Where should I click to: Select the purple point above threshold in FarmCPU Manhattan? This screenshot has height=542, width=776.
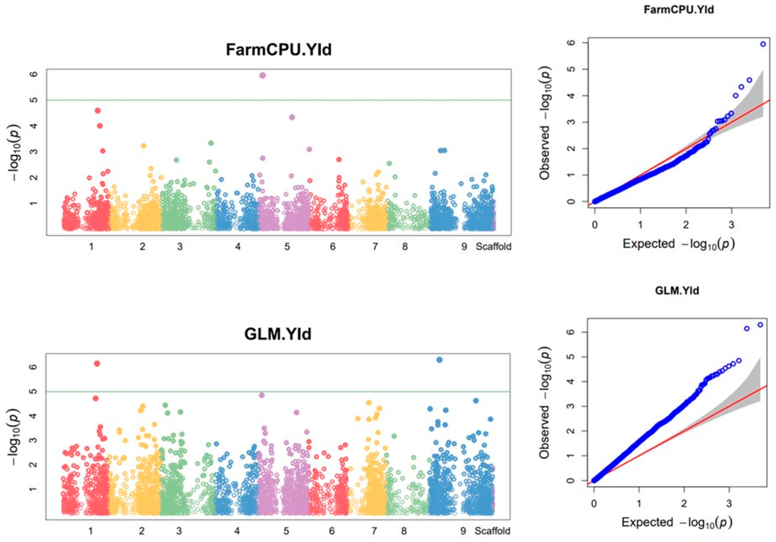263,75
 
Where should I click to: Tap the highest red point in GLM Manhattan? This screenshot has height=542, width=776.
97,364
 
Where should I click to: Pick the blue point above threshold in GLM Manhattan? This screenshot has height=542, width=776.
439,360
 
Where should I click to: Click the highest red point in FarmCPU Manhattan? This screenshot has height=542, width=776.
98,110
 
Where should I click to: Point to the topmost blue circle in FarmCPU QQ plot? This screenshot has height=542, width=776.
763,44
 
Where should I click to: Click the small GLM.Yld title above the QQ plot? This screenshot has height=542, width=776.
677,291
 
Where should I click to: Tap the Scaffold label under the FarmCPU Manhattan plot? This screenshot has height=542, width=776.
494,247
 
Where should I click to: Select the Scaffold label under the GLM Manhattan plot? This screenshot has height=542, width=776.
492,531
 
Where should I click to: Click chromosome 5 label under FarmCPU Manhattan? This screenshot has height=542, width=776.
287,247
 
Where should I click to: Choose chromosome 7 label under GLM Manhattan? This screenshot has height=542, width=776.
374,531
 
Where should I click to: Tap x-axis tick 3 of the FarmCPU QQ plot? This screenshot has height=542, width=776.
731,225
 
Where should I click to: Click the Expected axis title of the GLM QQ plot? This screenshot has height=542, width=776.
677,522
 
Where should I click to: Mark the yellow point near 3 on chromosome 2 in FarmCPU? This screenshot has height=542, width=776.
143,146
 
